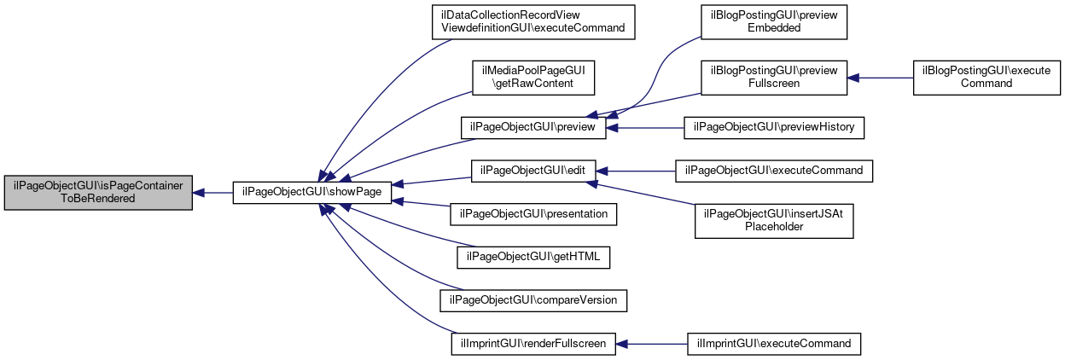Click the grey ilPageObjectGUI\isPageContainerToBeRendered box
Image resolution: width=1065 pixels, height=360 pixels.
pyautogui.click(x=98, y=193)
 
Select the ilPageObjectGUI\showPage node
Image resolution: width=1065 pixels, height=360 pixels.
pyautogui.click(x=311, y=193)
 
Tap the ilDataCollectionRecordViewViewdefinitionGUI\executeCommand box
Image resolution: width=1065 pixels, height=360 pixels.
pyautogui.click(x=533, y=22)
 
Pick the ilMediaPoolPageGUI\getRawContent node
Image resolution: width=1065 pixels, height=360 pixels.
pyautogui.click(x=533, y=78)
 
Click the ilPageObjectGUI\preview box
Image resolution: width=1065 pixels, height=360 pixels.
pyautogui.click(x=533, y=127)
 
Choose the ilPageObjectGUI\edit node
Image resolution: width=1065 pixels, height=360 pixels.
pyautogui.click(x=533, y=171)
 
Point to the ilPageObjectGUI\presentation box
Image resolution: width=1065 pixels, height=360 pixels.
pyautogui.click(x=533, y=214)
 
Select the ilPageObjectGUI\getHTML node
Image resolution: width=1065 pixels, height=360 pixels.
pyautogui.click(x=533, y=258)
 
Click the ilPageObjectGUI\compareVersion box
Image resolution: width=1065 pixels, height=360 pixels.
pyautogui.click(x=533, y=300)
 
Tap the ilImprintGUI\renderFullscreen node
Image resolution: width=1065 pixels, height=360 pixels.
pyautogui.click(x=533, y=344)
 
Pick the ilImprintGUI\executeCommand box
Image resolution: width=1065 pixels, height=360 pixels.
pyautogui.click(x=774, y=344)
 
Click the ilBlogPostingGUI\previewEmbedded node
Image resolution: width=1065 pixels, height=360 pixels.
pyautogui.click(x=774, y=22)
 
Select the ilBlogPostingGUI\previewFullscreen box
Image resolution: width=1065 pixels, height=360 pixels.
pyautogui.click(x=774, y=78)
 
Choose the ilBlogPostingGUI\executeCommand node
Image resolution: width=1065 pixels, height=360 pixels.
pyautogui.click(x=986, y=78)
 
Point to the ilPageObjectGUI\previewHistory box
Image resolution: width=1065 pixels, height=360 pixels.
pyautogui.click(x=774, y=127)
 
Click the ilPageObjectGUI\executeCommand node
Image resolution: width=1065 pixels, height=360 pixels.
pyautogui.click(x=774, y=171)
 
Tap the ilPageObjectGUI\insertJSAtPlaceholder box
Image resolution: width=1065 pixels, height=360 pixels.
pyautogui.click(x=774, y=221)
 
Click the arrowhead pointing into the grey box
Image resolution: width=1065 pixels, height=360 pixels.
pyautogui.click(x=198, y=193)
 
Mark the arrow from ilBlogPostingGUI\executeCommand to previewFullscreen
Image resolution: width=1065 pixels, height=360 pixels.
pyautogui.click(x=880, y=78)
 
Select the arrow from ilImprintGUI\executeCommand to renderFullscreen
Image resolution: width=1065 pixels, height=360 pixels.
pyautogui.click(x=651, y=344)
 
